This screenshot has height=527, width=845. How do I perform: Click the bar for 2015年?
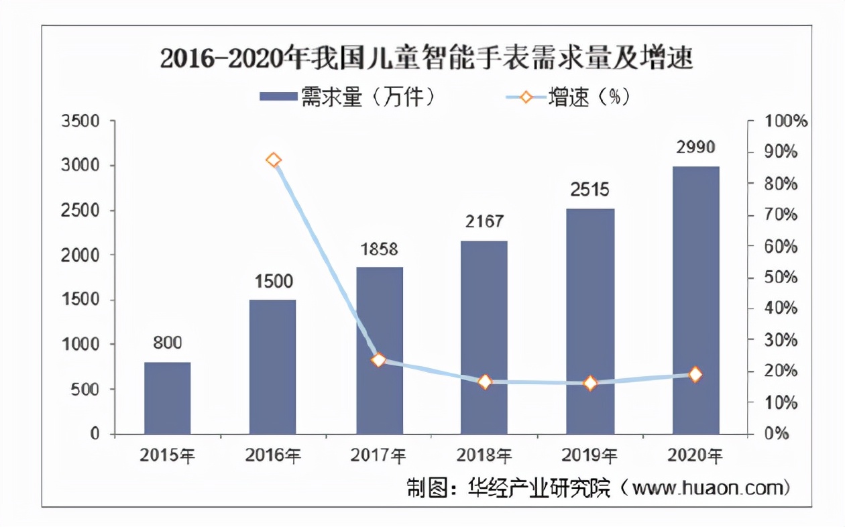[x=167, y=398]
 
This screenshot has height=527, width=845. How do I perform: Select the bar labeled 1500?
[x=272, y=367]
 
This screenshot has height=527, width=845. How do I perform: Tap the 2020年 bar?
[x=695, y=300]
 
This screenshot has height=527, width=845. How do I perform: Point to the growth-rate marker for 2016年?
[x=273, y=160]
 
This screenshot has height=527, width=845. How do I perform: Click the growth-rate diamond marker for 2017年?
[x=379, y=360]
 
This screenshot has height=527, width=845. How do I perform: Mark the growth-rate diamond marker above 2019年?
[x=590, y=384]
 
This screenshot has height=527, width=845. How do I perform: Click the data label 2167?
[x=484, y=221]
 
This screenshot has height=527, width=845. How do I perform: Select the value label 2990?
[x=695, y=147]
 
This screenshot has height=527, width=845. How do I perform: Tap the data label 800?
[x=167, y=343]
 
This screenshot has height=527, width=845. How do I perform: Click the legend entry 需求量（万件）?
[x=349, y=98]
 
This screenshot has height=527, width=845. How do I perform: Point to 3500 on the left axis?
[x=80, y=121]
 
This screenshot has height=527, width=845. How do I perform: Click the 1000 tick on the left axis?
[x=80, y=345]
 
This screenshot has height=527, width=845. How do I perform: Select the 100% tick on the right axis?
[x=786, y=121]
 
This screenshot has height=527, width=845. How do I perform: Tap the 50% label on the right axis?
[x=782, y=278]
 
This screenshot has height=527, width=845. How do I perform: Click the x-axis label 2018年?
[x=484, y=456]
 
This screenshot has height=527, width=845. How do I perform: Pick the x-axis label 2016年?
[x=273, y=456]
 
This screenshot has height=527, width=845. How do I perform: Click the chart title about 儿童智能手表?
[x=427, y=59]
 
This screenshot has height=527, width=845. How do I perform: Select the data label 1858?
[x=379, y=249]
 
